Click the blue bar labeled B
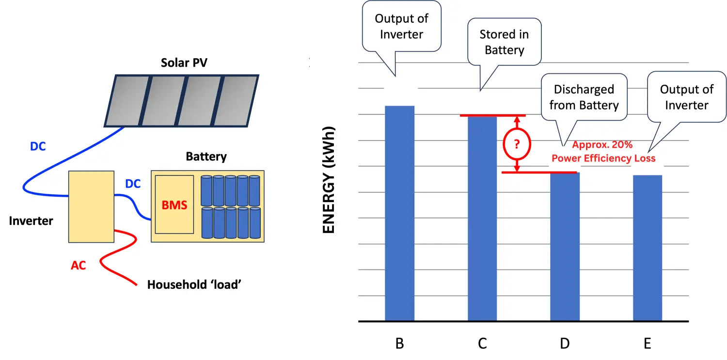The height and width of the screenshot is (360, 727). (399, 213)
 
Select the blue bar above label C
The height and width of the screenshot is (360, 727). (482, 218)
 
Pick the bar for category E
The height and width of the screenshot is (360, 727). (648, 248)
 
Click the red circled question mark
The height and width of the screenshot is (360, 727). (517, 144)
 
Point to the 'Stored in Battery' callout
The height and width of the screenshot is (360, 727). (505, 42)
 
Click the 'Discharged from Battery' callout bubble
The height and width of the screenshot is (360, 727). (584, 97)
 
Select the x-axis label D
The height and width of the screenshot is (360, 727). (565, 344)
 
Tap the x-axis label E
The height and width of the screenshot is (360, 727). (647, 344)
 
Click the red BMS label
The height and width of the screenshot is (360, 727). (174, 205)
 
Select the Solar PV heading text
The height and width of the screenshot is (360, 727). (184, 63)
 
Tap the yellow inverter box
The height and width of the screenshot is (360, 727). (91, 206)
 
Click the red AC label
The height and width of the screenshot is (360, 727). (78, 265)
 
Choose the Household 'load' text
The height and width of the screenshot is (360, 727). (194, 284)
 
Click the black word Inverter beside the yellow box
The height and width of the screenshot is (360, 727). (31, 221)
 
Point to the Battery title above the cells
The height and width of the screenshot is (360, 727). (206, 157)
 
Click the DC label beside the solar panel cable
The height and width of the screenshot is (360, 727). (38, 146)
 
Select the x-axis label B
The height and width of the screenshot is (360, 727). (399, 344)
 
